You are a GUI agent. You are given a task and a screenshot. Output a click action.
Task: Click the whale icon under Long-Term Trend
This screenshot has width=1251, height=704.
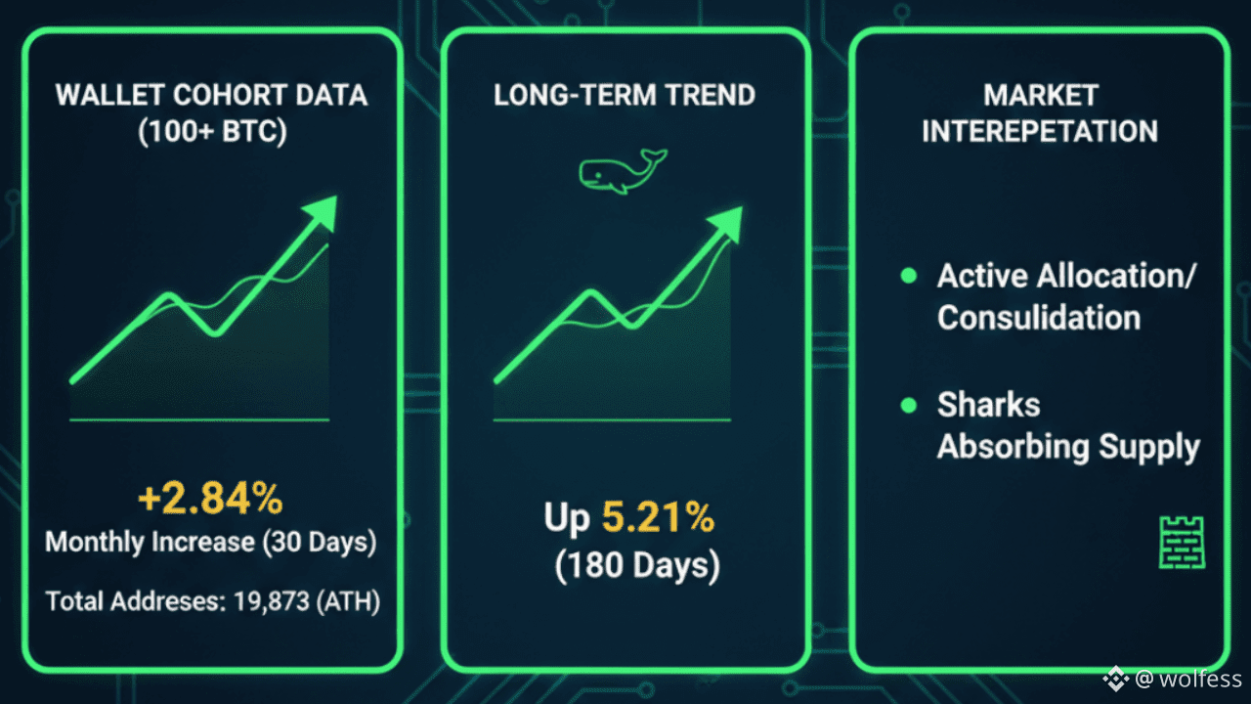tap(622, 172)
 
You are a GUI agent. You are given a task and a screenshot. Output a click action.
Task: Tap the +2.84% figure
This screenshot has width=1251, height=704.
tap(210, 499)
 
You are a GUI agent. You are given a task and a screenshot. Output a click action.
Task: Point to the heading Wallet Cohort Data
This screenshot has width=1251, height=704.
tap(212, 95)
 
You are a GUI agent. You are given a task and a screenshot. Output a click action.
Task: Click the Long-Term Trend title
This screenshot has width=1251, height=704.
tap(625, 95)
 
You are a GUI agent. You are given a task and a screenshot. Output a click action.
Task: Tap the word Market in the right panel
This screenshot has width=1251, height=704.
tap(1041, 95)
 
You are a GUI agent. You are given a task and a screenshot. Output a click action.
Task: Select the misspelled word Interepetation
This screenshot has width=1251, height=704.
tap(1040, 131)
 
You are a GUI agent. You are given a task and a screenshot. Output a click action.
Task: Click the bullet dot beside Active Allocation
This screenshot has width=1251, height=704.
tap(909, 277)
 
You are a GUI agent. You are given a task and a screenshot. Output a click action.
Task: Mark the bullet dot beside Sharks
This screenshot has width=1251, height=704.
tap(909, 405)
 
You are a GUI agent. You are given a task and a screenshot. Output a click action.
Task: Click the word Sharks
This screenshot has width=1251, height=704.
tap(988, 405)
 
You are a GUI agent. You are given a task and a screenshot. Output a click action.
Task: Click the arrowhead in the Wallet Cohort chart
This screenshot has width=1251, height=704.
tap(321, 211)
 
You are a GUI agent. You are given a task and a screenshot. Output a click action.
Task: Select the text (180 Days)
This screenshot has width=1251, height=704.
tap(637, 566)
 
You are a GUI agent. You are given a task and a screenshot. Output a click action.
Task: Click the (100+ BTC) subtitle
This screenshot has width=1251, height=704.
tap(212, 131)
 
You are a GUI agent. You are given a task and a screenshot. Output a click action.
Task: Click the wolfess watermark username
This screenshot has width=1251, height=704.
tap(1202, 679)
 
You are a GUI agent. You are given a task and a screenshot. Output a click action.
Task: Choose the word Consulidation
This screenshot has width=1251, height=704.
tap(1039, 318)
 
